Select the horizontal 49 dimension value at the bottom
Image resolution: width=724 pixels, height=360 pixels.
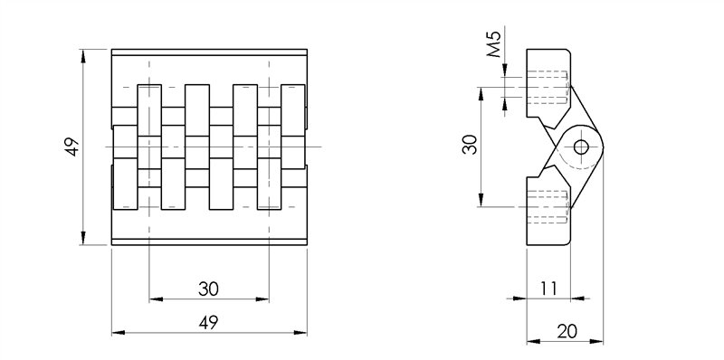coord(208,322)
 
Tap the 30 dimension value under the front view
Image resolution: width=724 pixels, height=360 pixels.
coord(208,289)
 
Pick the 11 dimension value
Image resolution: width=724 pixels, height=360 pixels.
coord(548,289)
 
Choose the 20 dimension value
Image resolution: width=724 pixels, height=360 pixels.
coord(567,331)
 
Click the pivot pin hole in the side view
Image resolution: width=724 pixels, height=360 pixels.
coord(580,147)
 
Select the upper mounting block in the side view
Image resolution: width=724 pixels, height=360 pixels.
coord(548,87)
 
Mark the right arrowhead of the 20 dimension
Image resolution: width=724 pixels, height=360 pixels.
coord(598,342)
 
